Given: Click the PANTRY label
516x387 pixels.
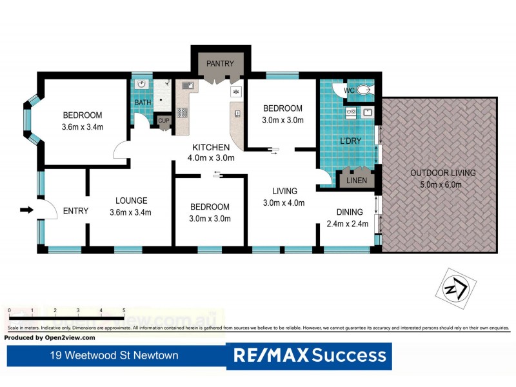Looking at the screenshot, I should click(x=220, y=63).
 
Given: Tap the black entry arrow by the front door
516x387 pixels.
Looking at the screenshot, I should click(x=26, y=210).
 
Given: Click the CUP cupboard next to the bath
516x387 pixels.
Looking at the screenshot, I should click(x=163, y=121).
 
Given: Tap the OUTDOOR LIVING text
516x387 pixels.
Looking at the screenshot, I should click(x=442, y=173).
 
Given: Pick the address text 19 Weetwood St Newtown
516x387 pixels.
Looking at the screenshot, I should click(x=115, y=355).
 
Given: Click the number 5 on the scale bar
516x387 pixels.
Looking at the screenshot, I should click(x=123, y=311).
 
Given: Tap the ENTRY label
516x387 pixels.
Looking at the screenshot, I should click(x=75, y=210).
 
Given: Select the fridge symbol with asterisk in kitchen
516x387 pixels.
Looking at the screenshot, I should click(x=236, y=92).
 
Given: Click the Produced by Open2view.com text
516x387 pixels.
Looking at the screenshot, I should click(x=50, y=337).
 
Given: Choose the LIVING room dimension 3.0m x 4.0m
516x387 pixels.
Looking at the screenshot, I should click(x=284, y=203).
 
